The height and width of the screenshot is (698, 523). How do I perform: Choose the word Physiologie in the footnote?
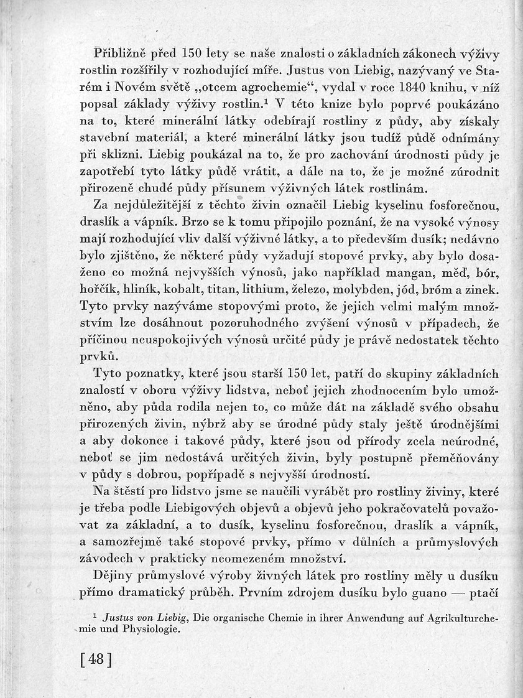pyautogui.click(x=149, y=628)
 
